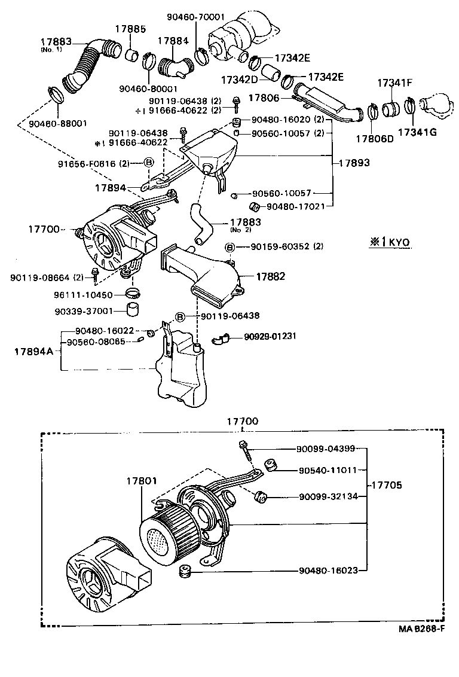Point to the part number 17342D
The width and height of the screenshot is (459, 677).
[238, 79]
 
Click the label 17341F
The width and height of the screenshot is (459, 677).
[394, 83]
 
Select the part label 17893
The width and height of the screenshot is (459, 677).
[354, 162]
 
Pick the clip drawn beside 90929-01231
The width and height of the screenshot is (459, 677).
[220, 339]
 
